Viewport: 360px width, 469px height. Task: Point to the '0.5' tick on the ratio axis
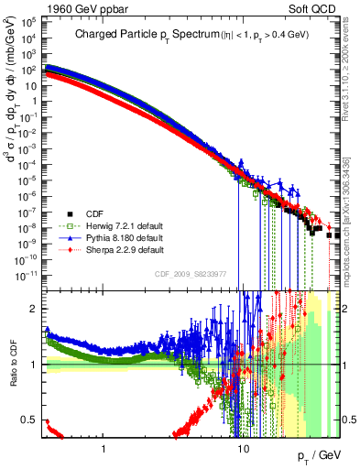29,420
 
